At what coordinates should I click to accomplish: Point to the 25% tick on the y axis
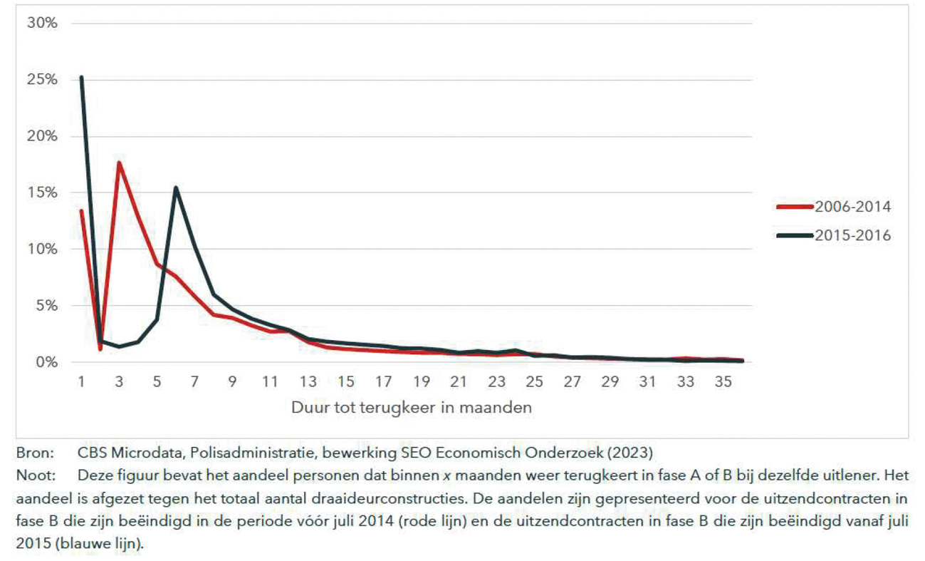(x=43, y=80)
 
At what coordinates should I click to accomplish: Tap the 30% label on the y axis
(x=43, y=23)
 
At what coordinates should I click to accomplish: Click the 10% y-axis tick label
(x=43, y=249)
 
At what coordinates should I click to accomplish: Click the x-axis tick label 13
(x=307, y=382)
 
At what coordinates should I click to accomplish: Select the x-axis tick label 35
(x=722, y=382)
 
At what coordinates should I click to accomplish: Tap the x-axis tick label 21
(x=459, y=382)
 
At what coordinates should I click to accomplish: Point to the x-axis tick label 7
(x=194, y=382)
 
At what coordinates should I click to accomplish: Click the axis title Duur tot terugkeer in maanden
(x=412, y=408)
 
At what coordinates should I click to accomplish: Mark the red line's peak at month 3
(x=119, y=163)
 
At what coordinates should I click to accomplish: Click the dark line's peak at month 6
(x=175, y=187)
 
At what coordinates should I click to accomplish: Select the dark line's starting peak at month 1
(x=82, y=77)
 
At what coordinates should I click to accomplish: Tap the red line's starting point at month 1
(x=82, y=211)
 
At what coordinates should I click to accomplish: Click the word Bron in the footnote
(x=31, y=452)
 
